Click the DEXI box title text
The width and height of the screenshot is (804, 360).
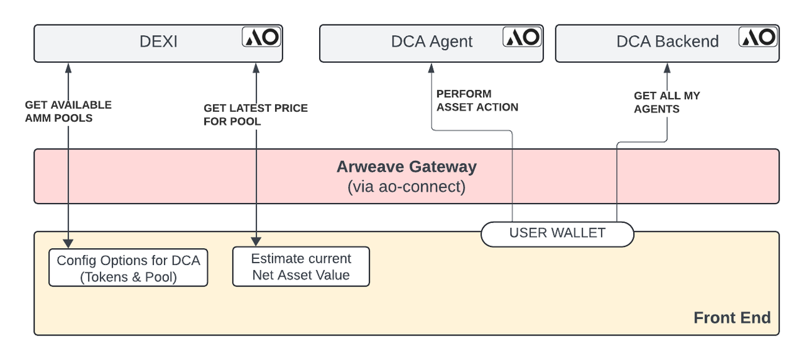(158, 42)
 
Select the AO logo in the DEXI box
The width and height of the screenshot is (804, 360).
(262, 37)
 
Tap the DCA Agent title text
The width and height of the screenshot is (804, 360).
(432, 42)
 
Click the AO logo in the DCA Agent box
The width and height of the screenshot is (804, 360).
(523, 37)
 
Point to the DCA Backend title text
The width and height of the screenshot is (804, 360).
(667, 42)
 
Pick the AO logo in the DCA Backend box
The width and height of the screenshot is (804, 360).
(758, 37)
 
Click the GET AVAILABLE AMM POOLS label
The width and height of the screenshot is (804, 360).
(68, 111)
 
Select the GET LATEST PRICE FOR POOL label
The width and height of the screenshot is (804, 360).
(256, 115)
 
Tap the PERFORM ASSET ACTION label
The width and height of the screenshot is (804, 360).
(477, 101)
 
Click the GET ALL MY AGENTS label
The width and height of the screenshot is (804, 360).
(666, 102)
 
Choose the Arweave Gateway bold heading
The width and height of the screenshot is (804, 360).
(406, 167)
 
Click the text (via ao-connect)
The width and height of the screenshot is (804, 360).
(406, 187)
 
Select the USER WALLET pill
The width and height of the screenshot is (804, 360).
(557, 234)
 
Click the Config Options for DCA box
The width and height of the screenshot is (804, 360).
(128, 268)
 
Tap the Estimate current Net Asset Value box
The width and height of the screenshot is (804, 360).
(301, 266)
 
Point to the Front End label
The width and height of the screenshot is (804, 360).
(732, 317)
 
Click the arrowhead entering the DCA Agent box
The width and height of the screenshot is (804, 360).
(432, 67)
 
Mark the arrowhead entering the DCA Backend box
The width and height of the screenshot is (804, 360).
(667, 67)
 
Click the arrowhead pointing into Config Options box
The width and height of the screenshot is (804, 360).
(68, 243)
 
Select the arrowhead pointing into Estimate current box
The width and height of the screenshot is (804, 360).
(256, 241)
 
